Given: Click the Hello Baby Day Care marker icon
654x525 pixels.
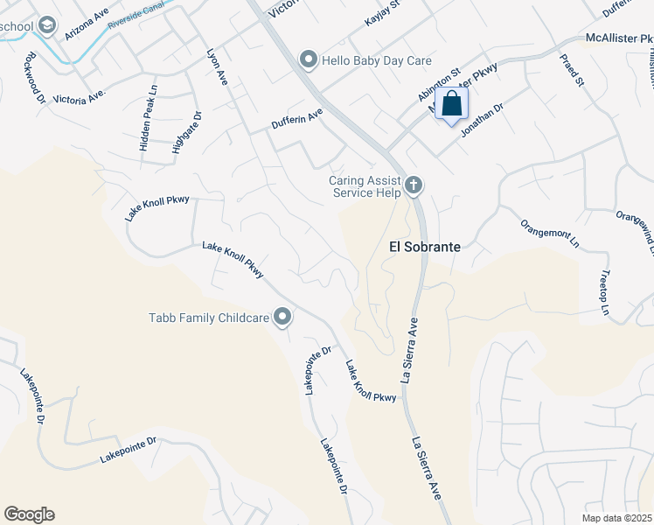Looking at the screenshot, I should point(308,60).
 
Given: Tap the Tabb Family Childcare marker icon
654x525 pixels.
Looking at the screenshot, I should point(282,317).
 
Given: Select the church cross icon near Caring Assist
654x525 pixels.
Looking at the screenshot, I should point(414,185).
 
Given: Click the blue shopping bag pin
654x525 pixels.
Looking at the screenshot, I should point(451,104).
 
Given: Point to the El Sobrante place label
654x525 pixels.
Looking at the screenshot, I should point(424,248).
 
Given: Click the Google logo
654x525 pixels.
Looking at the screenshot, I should point(29,514).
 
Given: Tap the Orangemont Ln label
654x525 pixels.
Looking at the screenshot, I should point(550,234).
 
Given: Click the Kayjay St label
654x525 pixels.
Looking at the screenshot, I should point(382,13).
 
